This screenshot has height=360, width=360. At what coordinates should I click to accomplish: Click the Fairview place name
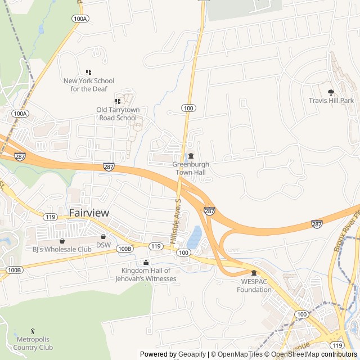[89, 213]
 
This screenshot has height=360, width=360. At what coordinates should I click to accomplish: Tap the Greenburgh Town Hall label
[191, 168]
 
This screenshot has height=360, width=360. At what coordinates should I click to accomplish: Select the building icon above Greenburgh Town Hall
[191, 156]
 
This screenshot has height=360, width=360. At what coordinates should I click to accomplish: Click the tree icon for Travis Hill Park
[331, 92]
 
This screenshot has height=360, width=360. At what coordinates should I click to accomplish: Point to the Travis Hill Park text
[331, 101]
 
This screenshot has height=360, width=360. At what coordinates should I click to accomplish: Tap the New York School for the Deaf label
[88, 85]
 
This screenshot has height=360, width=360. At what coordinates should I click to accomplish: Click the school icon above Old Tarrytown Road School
[118, 101]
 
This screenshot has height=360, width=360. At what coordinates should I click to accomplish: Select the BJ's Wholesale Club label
[61, 249]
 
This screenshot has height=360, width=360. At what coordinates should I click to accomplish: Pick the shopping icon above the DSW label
[103, 237]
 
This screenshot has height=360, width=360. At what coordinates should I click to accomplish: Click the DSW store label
[103, 245]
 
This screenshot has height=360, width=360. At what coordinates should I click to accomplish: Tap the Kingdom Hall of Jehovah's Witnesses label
[146, 274]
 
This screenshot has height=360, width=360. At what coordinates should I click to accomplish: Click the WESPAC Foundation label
[253, 286]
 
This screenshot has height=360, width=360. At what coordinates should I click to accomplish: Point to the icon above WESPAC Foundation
[253, 273]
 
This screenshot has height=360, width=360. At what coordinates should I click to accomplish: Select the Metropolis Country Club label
[33, 344]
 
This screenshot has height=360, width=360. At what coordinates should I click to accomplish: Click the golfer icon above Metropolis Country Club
[33, 331]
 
